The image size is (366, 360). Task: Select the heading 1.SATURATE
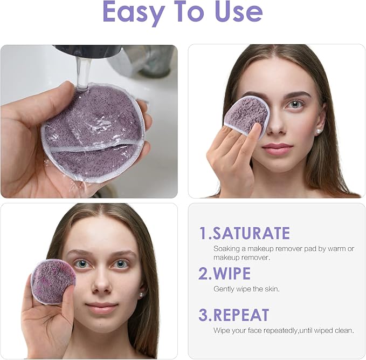(244, 233)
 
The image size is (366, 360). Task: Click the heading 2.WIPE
(224, 273)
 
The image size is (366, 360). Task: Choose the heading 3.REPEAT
(233, 315)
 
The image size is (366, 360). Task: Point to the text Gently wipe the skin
(246, 289)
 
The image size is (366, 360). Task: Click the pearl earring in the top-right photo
(320, 131)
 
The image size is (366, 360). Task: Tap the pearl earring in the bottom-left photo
(141, 294)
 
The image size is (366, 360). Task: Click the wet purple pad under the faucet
(93, 132)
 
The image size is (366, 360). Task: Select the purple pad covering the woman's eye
(246, 115)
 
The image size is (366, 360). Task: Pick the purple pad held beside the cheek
(53, 281)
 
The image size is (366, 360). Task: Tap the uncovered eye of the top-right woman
(295, 104)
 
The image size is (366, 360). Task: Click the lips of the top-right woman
(277, 148)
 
